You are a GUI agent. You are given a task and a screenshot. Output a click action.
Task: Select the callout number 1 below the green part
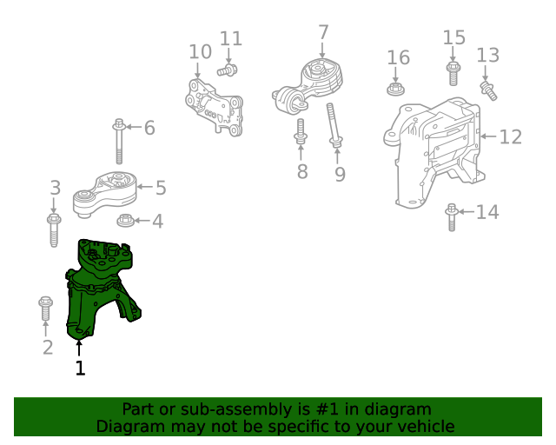click(80, 368)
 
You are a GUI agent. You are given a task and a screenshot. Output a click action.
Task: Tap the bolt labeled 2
click(45, 309)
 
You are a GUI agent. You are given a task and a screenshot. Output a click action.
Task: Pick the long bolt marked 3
click(54, 230)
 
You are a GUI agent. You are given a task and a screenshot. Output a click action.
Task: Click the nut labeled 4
click(125, 221)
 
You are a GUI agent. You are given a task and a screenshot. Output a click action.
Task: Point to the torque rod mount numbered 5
click(105, 194)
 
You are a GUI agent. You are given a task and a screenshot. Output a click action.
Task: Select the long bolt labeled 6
click(119, 142)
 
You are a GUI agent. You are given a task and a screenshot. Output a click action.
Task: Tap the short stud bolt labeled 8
click(301, 131)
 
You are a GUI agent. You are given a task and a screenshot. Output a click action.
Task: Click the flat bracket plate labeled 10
click(214, 108)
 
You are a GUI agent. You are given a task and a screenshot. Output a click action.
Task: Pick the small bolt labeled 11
click(228, 70)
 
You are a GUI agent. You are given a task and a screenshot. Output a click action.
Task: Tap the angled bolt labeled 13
click(488, 91)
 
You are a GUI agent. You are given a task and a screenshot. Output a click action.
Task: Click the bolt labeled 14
click(451, 217)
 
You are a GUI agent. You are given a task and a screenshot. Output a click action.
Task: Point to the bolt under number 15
click(453, 74)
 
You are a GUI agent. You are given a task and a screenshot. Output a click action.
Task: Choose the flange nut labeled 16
click(396, 89)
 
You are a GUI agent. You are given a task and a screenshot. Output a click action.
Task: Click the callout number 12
click(511, 136)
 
